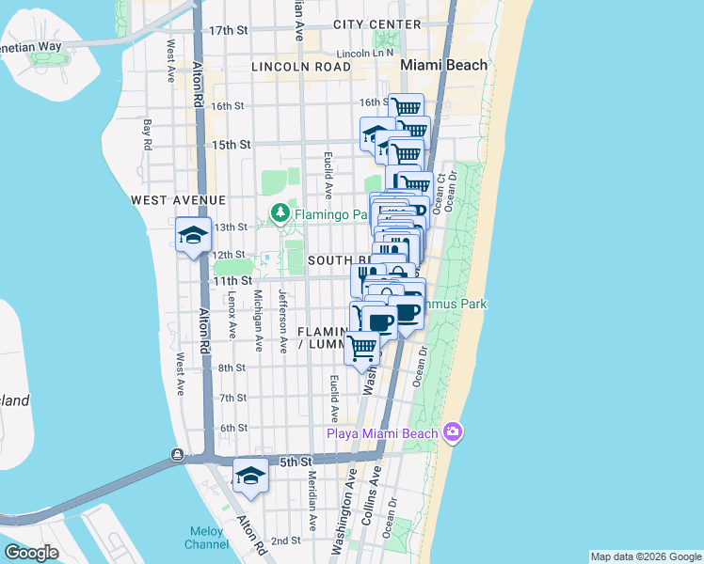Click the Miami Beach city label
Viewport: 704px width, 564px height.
coord(444,65)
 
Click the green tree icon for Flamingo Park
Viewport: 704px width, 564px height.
coord(280,214)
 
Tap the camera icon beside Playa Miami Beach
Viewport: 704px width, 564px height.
coord(454,432)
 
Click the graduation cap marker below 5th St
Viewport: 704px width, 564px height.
coord(250,477)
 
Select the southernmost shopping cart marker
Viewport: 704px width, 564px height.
coord(362,348)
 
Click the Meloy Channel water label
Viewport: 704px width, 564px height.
coord(204,538)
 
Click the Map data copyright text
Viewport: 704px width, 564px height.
coord(646,556)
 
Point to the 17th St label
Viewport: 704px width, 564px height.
coord(228,31)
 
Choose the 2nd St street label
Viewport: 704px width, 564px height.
coord(285,540)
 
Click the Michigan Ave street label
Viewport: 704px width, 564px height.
coord(257,313)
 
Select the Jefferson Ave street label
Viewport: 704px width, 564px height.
coord(281,321)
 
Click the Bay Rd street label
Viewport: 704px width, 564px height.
coord(147,134)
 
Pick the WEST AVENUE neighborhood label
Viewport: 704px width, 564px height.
coord(179,200)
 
